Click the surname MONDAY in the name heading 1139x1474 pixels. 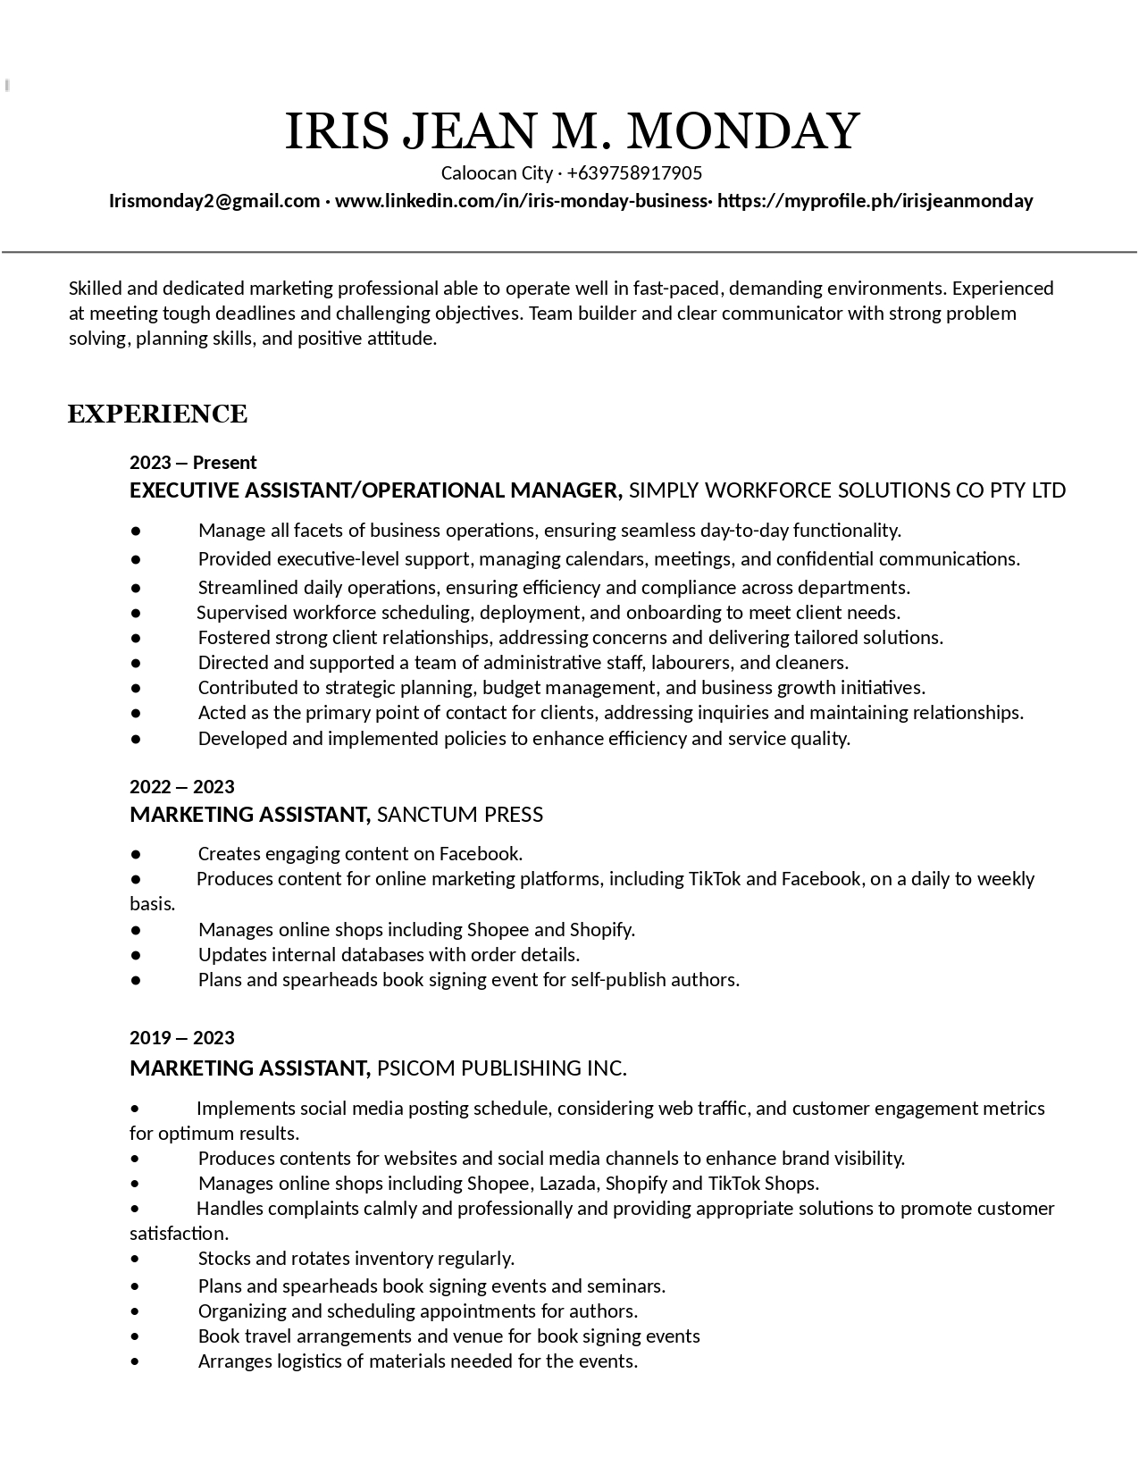pos(743,131)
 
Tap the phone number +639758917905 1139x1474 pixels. pos(634,173)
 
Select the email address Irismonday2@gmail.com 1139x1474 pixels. pos(214,201)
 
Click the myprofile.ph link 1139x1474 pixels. pos(875,201)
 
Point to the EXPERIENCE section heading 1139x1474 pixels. pos(157,415)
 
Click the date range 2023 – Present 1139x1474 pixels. pos(193,463)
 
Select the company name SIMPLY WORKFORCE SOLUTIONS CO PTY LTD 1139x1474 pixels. pos(847,490)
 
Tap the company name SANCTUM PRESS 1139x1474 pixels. pos(460,815)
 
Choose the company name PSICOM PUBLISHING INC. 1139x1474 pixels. pos(502,1068)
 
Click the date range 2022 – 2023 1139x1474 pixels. pos(182,787)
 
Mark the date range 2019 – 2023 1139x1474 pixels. pos(182,1038)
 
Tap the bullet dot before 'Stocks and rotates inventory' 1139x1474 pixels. pos(135,1260)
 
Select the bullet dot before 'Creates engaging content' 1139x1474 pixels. pos(136,854)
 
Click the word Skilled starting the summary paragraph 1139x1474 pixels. pos(96,289)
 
